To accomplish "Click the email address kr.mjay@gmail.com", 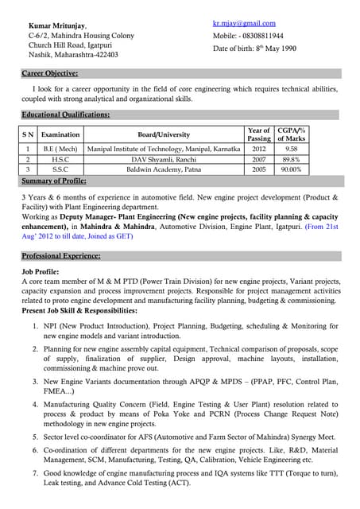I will [244, 23].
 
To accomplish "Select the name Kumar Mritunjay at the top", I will [58, 25].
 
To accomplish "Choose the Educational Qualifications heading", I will [65, 115].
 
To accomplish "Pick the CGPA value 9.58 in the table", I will [291, 149].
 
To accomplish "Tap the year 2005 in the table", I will [259, 169].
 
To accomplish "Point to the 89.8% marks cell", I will [291, 159].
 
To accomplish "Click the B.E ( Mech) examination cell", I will [60, 149].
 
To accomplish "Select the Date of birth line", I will [254, 49].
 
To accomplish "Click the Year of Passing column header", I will [259, 134].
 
